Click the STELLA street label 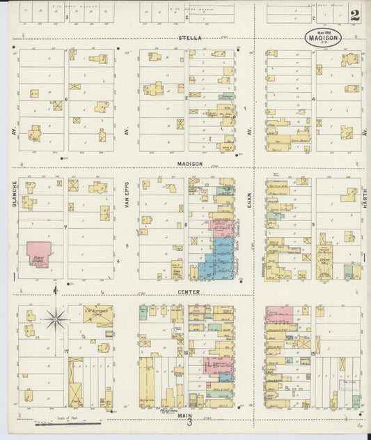click(190, 38)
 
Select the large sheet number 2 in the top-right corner click(355, 15)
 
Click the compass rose click(55, 319)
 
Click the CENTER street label click(189, 291)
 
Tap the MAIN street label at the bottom click(185, 415)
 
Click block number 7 click(65, 227)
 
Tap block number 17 click(66, 351)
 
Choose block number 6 click(66, 99)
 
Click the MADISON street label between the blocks click(190, 164)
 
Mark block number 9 click(313, 224)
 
